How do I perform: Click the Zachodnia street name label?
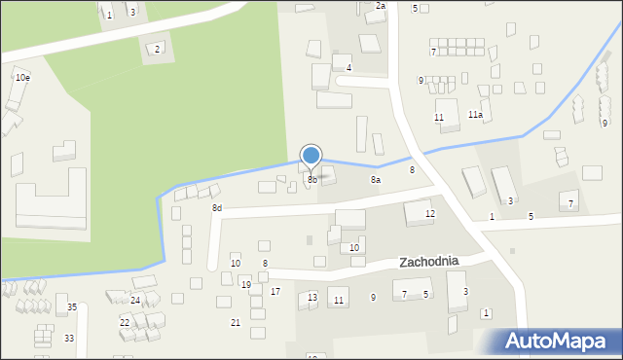coord(441,262)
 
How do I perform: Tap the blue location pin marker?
coord(311,156)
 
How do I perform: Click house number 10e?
coord(21,77)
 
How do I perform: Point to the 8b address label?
coord(312,180)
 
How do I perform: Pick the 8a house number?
coord(375,180)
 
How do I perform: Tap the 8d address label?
coord(217,208)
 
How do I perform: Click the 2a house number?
coord(381,6)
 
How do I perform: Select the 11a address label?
coord(475,115)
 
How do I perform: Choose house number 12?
coord(430,213)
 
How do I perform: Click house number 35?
coord(72,307)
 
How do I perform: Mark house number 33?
coord(68,338)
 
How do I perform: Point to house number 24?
coord(135,300)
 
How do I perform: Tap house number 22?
coord(125,322)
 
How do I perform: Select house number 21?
coord(235,322)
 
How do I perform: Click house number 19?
coord(246,285)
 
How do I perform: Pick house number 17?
coord(275,292)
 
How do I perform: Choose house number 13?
coord(312,298)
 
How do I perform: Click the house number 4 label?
coord(348,68)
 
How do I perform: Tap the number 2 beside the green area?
coord(157,49)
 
